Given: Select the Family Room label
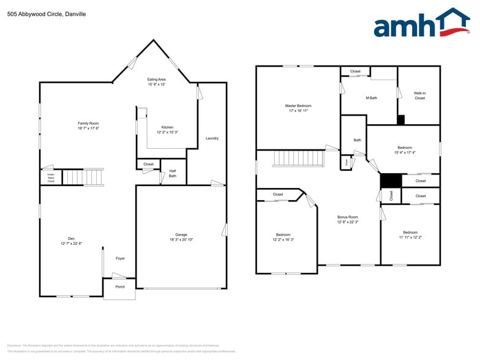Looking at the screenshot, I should tap(88, 126).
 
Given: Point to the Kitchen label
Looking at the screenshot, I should tap(167, 130).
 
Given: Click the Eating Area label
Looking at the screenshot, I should tap(157, 82).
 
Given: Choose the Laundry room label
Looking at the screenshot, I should tap(212, 138).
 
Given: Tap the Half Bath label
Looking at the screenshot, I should tap(173, 173).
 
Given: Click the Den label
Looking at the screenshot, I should tap(71, 241).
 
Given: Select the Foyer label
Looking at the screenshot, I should tap(121, 258).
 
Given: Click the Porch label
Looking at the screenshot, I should tap(120, 287).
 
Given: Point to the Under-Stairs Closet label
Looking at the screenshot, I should tap(51, 178).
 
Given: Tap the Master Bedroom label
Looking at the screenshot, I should tap(298, 108).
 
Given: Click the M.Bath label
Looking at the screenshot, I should tap(371, 98).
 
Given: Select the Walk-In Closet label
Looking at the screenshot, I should tap(419, 96).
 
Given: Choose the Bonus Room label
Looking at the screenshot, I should tap(348, 219).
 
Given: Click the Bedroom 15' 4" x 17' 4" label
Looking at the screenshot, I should tap(405, 150).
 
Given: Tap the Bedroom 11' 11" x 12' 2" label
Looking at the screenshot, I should tap(410, 234).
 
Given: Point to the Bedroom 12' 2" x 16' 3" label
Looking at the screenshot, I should tap(283, 237).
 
